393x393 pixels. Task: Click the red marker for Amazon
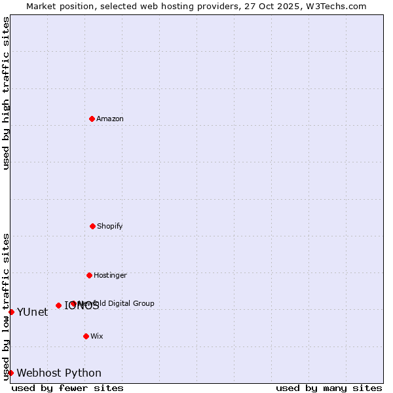coord(92,119)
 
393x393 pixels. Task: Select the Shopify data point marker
coord(92,226)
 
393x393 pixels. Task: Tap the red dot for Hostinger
coord(89,275)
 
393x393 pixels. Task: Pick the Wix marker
coord(86,336)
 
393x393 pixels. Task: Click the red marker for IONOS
coord(58,305)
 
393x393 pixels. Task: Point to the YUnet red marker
coord(11,312)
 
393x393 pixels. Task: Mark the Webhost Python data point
coord(10,373)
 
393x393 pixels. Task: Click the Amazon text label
coord(110,119)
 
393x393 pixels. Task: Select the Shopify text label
coord(110,226)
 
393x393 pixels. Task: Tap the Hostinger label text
coord(110,275)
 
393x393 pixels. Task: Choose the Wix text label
coord(97,336)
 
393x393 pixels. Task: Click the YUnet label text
coord(32,312)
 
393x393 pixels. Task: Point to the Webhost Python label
coord(59,373)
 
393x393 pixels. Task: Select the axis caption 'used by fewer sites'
coord(67,388)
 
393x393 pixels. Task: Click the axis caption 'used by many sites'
coord(329,388)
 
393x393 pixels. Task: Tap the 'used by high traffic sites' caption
coord(6,93)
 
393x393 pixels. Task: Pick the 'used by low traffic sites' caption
coord(6,307)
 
